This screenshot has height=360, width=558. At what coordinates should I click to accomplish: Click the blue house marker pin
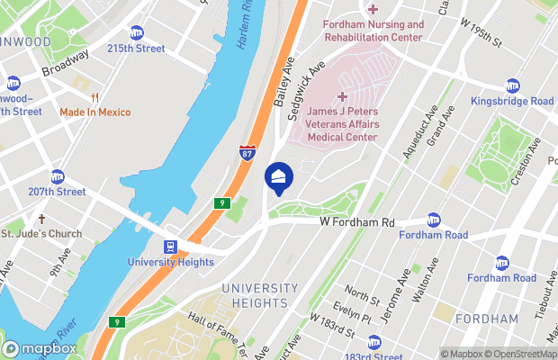click(x=278, y=175)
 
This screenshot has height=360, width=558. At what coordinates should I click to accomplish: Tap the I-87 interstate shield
click(x=247, y=153)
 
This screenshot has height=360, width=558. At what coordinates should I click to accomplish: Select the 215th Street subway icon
click(x=137, y=32)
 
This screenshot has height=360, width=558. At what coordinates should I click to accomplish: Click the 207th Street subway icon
click(x=58, y=175)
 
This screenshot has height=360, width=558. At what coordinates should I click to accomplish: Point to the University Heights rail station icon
click(x=170, y=247)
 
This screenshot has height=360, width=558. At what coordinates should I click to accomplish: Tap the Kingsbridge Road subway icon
click(x=512, y=85)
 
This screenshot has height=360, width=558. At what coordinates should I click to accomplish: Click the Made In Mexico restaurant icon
click(x=94, y=96)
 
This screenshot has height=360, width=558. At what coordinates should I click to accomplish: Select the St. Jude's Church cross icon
click(x=40, y=219)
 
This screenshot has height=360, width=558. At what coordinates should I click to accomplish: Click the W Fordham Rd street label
click(x=357, y=222)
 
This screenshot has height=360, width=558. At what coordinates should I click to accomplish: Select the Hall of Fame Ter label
click(x=221, y=328)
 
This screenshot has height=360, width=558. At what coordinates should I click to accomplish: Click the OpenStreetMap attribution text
click(x=517, y=354)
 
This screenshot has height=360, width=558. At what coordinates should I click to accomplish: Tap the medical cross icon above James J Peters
click(x=342, y=96)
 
